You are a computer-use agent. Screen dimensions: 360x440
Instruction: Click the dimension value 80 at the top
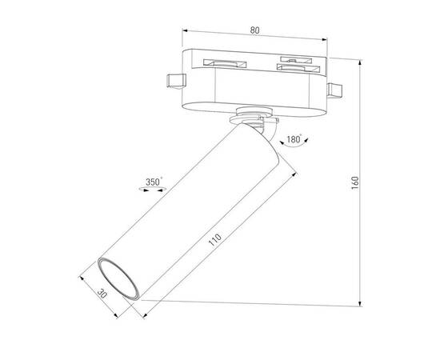click(254, 31)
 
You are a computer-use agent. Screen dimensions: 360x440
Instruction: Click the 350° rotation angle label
click(154, 182)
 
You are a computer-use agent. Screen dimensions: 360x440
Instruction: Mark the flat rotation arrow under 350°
click(153, 190)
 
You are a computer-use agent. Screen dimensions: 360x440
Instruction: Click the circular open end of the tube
click(114, 280)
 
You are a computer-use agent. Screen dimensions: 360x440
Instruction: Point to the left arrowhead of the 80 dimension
click(186, 37)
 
